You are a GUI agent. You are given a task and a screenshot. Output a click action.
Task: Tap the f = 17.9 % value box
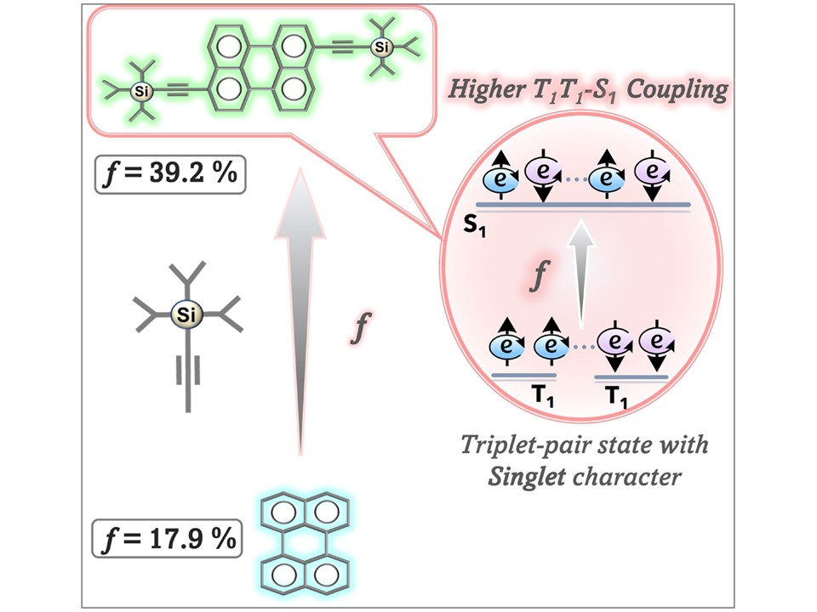coord(167,538)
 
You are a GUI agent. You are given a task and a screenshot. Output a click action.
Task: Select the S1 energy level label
coord(474,227)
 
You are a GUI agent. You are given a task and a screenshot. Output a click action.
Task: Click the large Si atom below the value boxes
coord(186,314)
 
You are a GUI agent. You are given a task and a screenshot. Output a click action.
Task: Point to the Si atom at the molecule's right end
coord(382,48)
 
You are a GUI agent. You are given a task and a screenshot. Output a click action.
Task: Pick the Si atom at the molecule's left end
coord(141,92)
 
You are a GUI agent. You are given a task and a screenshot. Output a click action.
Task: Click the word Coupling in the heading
coord(677,91)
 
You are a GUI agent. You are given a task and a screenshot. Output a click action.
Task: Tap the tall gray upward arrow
coord(300,311)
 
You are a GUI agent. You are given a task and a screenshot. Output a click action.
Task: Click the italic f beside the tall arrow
coord(360,327)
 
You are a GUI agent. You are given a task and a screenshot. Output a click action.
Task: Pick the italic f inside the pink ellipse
coord(540,275)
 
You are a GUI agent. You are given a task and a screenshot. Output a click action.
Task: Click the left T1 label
coord(544,397)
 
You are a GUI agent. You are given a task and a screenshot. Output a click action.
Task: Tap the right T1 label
coord(618,397)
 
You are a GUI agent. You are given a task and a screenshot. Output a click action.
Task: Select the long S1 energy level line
coord(584,205)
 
